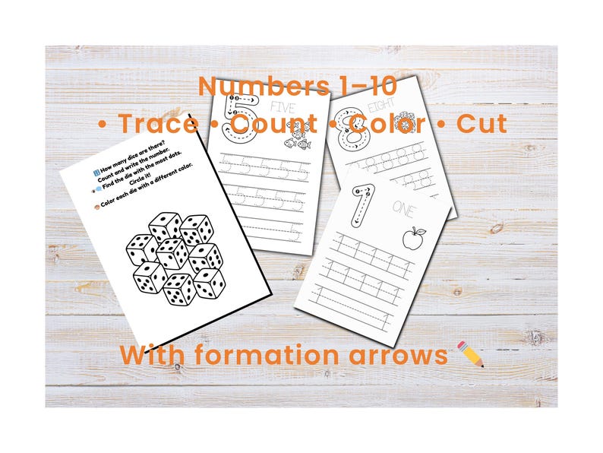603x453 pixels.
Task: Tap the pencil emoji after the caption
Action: coord(472,354)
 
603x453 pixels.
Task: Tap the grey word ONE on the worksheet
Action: coord(403,207)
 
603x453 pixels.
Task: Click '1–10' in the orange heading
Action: coord(314,86)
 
